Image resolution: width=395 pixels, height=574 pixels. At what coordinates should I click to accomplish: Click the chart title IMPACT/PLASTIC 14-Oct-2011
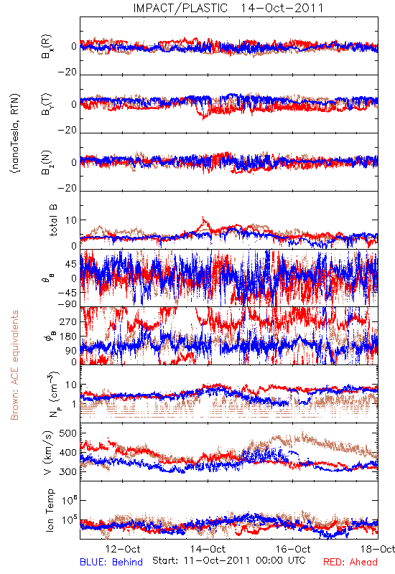click(x=228, y=8)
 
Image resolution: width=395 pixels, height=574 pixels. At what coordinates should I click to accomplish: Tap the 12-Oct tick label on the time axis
click(x=123, y=549)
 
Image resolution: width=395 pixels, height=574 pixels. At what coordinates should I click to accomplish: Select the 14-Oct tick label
click(x=208, y=549)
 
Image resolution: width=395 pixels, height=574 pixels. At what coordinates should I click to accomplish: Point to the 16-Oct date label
click(x=293, y=549)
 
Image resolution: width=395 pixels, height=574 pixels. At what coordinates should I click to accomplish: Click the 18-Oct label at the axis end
click(x=378, y=549)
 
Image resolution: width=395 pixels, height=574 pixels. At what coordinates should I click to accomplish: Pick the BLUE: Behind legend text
click(x=111, y=562)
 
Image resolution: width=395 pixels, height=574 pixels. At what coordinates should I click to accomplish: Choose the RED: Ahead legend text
click(x=350, y=562)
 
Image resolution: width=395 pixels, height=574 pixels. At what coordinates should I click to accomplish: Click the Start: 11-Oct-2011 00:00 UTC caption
click(x=228, y=560)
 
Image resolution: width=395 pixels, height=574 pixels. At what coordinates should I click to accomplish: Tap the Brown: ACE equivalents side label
click(x=14, y=365)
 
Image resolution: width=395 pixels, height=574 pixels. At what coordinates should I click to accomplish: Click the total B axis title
click(x=52, y=220)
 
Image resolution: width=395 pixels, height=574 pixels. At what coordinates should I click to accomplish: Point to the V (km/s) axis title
click(x=47, y=453)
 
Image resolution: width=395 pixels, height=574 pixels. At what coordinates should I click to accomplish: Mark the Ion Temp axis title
click(x=50, y=510)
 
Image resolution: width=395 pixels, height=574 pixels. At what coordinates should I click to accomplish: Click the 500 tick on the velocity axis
click(x=68, y=433)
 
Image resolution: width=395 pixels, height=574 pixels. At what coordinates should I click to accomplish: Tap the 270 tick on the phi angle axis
click(x=68, y=321)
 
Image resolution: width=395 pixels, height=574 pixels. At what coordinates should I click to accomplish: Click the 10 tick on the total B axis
click(x=71, y=220)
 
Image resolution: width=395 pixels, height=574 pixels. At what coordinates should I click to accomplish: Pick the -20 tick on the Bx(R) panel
click(x=68, y=72)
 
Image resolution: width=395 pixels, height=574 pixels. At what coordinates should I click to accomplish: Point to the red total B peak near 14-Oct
click(x=204, y=218)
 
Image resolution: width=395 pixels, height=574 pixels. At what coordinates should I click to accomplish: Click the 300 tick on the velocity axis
click(x=68, y=471)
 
